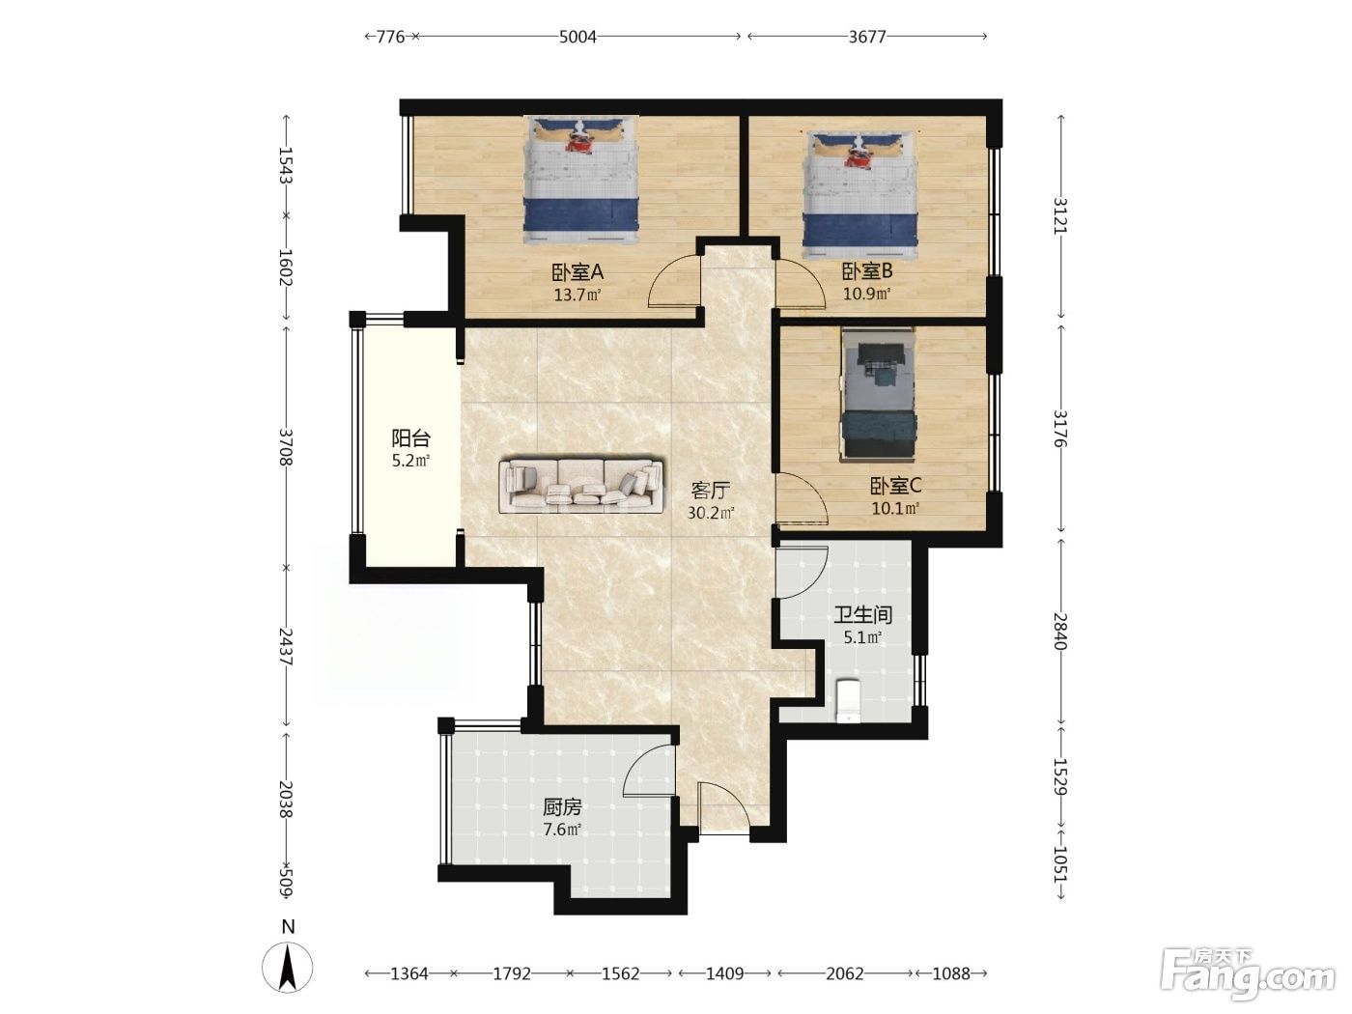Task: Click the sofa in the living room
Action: pos(580,486)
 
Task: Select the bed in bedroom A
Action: pos(580,181)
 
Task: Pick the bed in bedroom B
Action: pos(859,194)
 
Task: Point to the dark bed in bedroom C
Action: pos(879,394)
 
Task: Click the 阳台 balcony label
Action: pos(410,438)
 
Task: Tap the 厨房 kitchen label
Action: pos(562,806)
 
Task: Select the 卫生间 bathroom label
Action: pos(863,614)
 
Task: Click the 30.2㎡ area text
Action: pos(711,512)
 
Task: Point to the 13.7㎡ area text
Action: pos(577,295)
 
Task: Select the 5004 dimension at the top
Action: pos(577,37)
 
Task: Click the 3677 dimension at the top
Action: pos(867,37)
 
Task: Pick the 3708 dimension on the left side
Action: pos(286,447)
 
